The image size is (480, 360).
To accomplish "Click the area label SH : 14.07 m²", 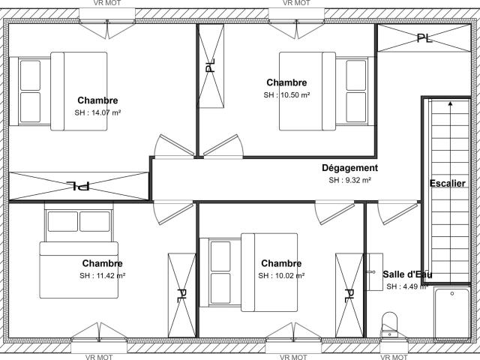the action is pyautogui.click(x=97, y=112).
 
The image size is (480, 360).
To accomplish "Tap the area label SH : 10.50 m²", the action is pyautogui.click(x=286, y=95).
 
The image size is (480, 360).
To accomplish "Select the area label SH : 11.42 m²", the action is pyautogui.click(x=103, y=275).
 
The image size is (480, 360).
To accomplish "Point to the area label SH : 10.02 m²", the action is pyautogui.click(x=281, y=275).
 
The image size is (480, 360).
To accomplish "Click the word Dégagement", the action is pyautogui.click(x=350, y=168).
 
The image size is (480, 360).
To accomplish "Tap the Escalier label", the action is pyautogui.click(x=448, y=183).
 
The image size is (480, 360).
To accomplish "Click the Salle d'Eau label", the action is pyautogui.click(x=407, y=274).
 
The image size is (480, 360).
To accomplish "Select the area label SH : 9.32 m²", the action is pyautogui.click(x=350, y=180).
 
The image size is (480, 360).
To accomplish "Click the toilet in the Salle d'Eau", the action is pyautogui.click(x=390, y=325).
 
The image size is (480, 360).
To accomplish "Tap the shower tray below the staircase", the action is pyautogui.click(x=451, y=314).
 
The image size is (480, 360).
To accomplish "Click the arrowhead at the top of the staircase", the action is pyautogui.click(x=450, y=103).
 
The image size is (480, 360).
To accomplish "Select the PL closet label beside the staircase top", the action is pyautogui.click(x=424, y=38).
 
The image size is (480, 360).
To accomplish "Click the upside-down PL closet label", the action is pyautogui.click(x=78, y=185).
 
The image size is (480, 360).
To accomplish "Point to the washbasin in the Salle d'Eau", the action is pyautogui.click(x=375, y=271).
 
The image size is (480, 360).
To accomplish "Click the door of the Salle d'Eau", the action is pyautogui.click(x=397, y=212).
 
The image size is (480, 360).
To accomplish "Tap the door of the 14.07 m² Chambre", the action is pyautogui.click(x=174, y=146).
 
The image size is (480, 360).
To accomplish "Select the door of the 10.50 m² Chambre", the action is pyautogui.click(x=223, y=146).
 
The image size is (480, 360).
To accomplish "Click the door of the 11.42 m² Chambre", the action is pyautogui.click(x=173, y=212).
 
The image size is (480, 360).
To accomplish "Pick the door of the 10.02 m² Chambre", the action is pyautogui.click(x=334, y=212).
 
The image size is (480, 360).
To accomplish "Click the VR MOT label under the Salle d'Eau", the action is pyautogui.click(x=394, y=357).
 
